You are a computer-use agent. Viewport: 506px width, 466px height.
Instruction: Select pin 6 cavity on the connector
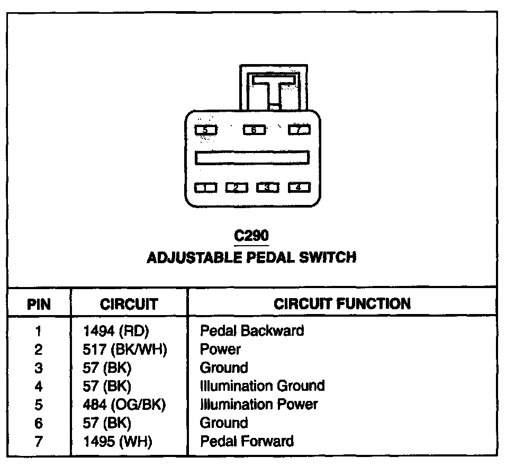click(254, 129)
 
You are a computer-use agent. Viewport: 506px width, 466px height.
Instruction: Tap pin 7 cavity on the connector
click(299, 129)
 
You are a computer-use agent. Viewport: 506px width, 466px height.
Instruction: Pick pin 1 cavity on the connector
click(205, 187)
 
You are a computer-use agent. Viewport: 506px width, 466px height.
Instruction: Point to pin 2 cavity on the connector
click(237, 187)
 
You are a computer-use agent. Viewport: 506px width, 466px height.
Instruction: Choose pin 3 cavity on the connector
click(268, 187)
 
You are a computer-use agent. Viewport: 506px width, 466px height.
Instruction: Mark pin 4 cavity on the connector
click(299, 187)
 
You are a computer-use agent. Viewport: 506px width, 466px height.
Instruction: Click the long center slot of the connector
click(252, 158)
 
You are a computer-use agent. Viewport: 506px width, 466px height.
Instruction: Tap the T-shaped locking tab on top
click(273, 85)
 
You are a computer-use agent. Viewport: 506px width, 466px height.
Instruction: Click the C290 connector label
click(251, 236)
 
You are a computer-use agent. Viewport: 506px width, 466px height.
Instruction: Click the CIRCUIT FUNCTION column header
click(342, 303)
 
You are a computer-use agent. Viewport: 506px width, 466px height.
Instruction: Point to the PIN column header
click(39, 304)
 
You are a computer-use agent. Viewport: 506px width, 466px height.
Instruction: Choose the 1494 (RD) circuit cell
click(117, 331)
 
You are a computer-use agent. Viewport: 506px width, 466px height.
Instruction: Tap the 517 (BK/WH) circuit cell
click(125, 349)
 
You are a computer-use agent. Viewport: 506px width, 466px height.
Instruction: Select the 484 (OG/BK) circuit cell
click(125, 405)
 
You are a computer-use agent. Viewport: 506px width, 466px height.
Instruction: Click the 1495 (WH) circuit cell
click(118, 441)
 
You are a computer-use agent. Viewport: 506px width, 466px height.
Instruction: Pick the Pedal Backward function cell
click(252, 331)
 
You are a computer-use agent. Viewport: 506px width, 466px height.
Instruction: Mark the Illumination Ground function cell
click(262, 386)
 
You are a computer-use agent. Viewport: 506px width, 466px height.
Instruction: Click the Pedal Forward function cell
click(247, 441)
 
